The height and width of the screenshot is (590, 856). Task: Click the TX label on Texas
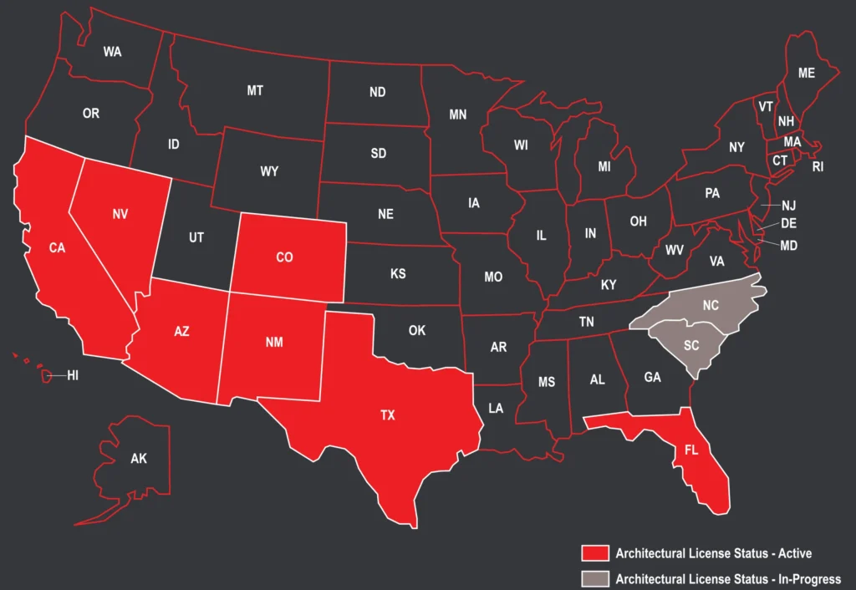coord(388,415)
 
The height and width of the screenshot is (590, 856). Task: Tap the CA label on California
coord(57,247)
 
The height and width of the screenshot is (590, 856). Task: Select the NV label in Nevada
coord(120,215)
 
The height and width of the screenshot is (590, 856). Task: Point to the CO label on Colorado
coord(284,257)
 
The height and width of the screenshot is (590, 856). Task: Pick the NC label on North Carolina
coord(711,306)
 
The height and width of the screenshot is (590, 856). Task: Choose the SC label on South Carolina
coord(691,345)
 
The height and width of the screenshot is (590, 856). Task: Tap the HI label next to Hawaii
coord(73,377)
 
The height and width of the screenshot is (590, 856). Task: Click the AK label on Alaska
coord(139,459)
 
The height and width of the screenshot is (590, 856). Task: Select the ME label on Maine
coord(806,74)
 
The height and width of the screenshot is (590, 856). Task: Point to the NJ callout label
coord(788,206)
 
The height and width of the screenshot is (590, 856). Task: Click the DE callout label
coord(788,223)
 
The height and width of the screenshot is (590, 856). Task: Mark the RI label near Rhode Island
coord(818,167)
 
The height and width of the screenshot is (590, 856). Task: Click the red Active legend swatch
coord(594,553)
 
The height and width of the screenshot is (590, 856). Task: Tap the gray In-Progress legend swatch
coord(594,578)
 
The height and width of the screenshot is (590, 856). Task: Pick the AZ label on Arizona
coord(181,331)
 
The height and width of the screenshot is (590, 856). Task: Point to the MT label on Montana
coord(255,90)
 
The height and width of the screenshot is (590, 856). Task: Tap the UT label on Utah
coord(196,238)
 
